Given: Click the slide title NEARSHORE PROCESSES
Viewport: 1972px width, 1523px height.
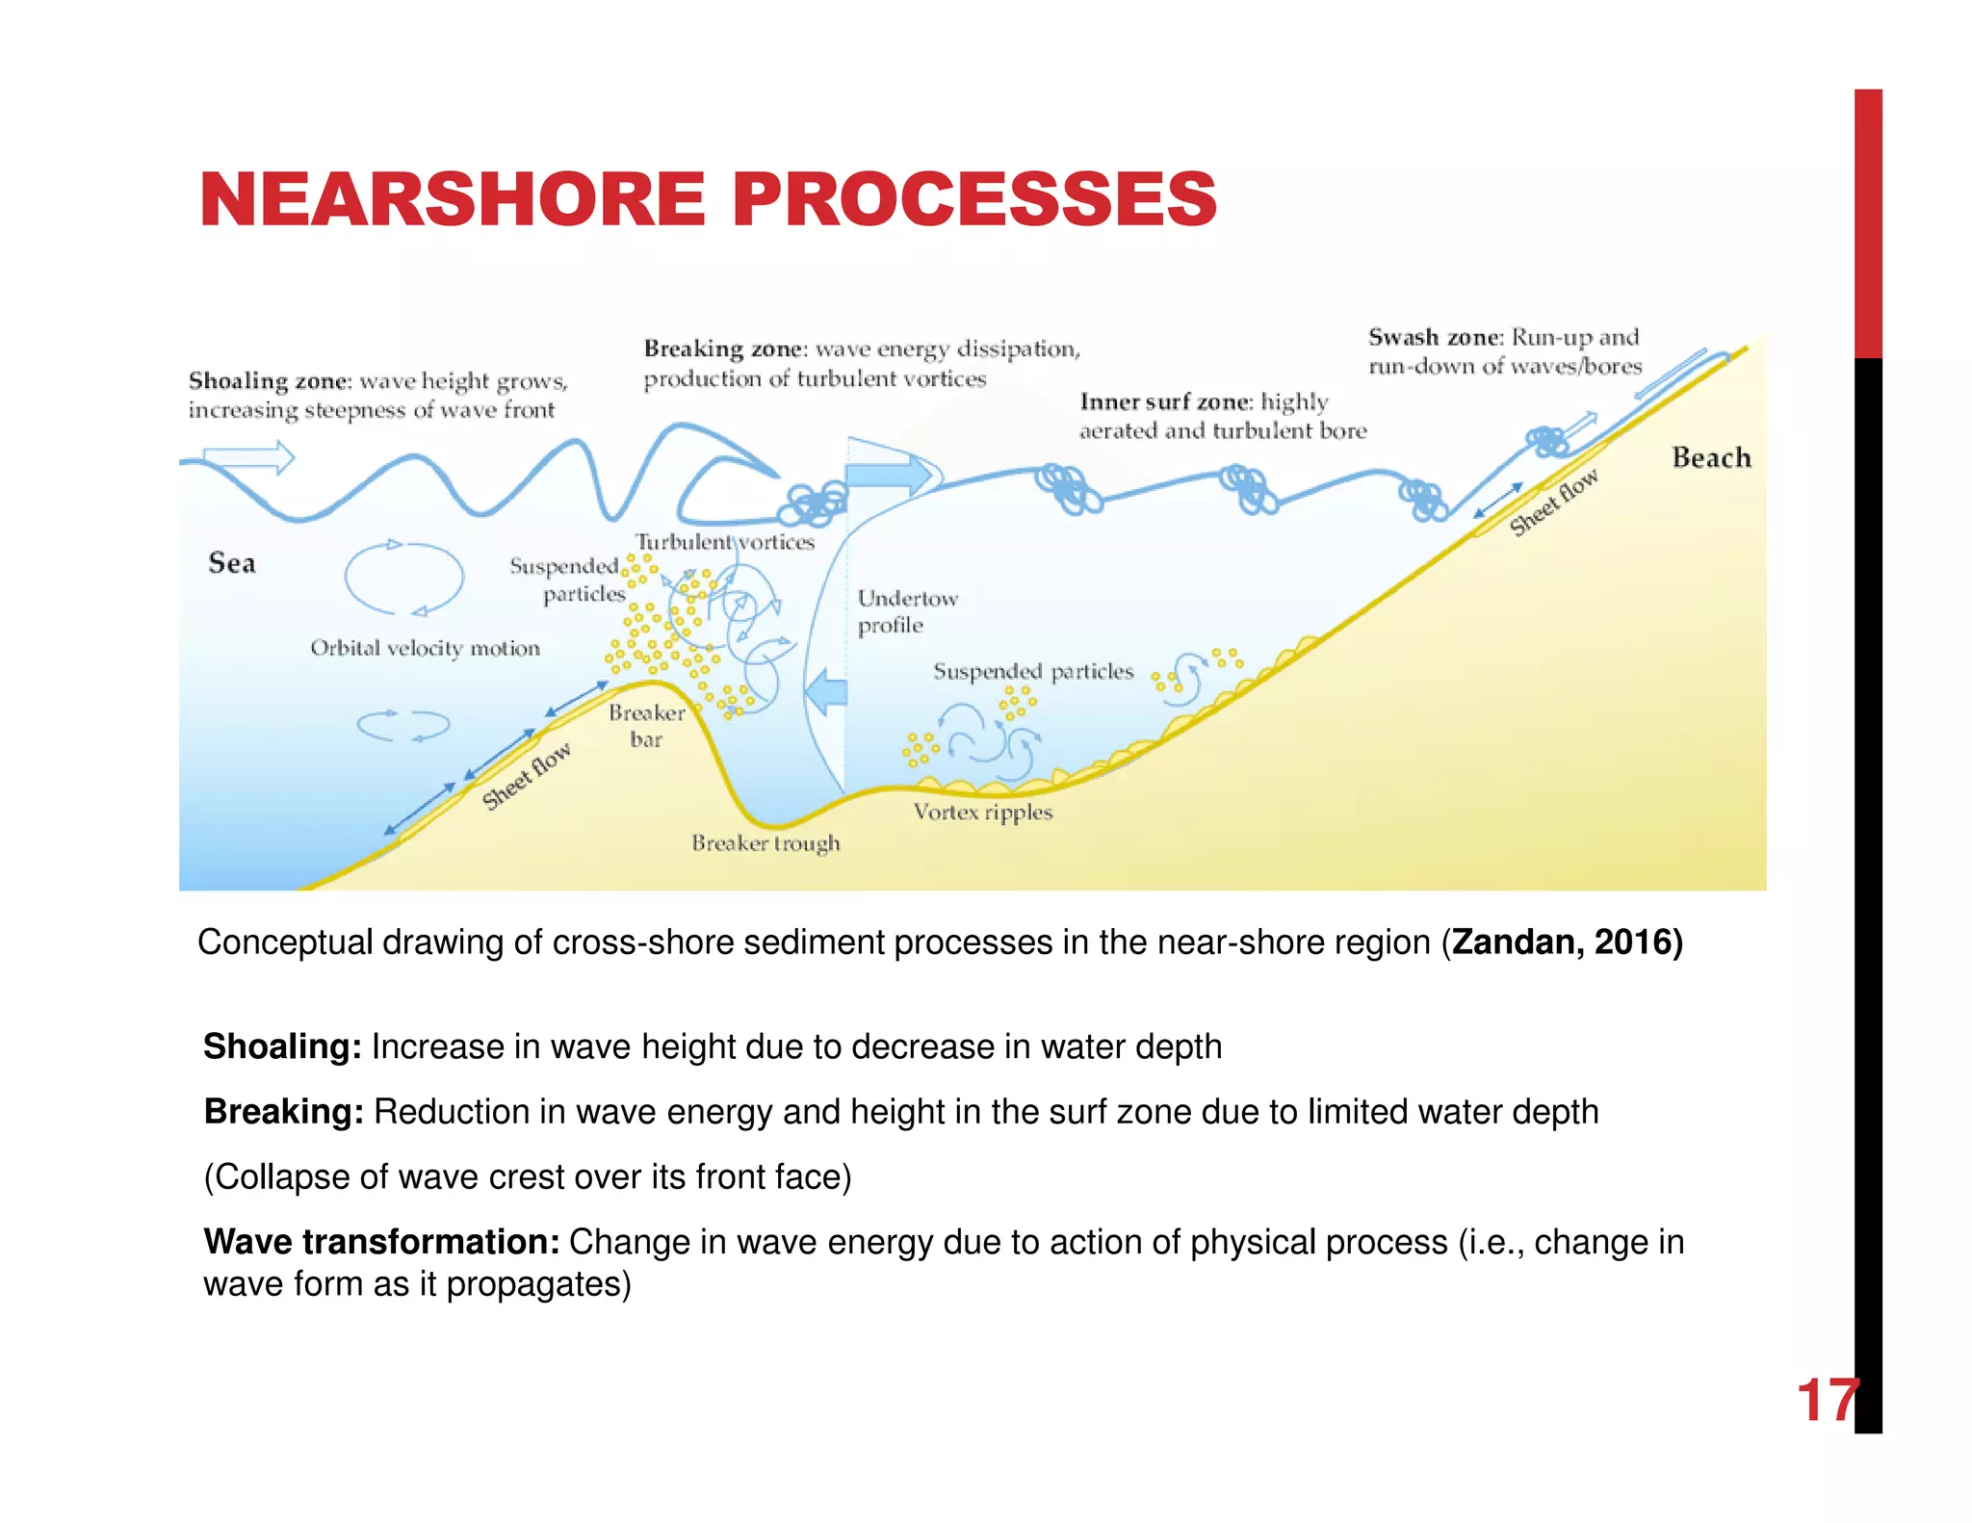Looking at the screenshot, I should pyautogui.click(x=708, y=199).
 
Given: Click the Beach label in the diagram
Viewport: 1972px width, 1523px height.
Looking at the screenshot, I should pyautogui.click(x=1711, y=457).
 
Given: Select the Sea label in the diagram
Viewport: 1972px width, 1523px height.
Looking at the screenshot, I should pyautogui.click(x=232, y=563).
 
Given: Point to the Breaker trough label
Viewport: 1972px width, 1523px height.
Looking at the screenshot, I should pyautogui.click(x=765, y=843).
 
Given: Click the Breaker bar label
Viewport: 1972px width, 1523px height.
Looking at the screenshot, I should pyautogui.click(x=646, y=726).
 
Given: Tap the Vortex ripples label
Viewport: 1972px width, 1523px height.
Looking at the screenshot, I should pyautogui.click(x=983, y=812).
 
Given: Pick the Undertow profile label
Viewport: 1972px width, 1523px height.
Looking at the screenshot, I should pyautogui.click(x=907, y=611).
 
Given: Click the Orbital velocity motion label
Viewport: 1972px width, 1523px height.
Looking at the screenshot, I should pyautogui.click(x=425, y=648).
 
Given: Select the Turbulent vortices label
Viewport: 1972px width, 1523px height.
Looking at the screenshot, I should pyautogui.click(x=724, y=542).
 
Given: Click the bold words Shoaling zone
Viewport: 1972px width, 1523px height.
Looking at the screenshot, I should pyautogui.click(x=267, y=381).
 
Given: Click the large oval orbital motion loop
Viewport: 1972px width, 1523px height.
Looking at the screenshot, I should pyautogui.click(x=404, y=578).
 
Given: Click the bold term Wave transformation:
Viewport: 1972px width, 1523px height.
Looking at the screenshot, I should pyautogui.click(x=381, y=1242).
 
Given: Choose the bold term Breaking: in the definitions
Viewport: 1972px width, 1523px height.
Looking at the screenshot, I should pyautogui.click(x=283, y=1112).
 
